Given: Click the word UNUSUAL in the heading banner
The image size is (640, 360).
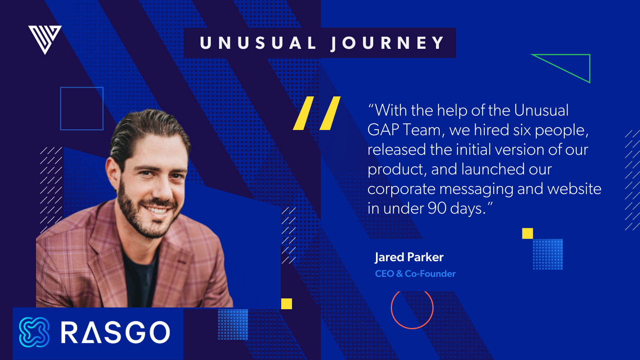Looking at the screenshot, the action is [x=258, y=43].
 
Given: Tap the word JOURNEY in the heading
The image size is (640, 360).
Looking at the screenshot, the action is [x=387, y=43].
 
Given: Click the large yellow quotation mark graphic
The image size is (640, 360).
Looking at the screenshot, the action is [x=316, y=113].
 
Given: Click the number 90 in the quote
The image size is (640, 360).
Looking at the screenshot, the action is [x=437, y=208].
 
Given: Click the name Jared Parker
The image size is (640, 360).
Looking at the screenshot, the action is [x=409, y=257].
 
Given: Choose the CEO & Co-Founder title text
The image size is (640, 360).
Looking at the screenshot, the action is [x=415, y=274].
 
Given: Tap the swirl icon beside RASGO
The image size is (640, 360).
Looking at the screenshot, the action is [x=34, y=332].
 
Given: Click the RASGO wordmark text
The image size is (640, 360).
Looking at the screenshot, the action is [x=116, y=332].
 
